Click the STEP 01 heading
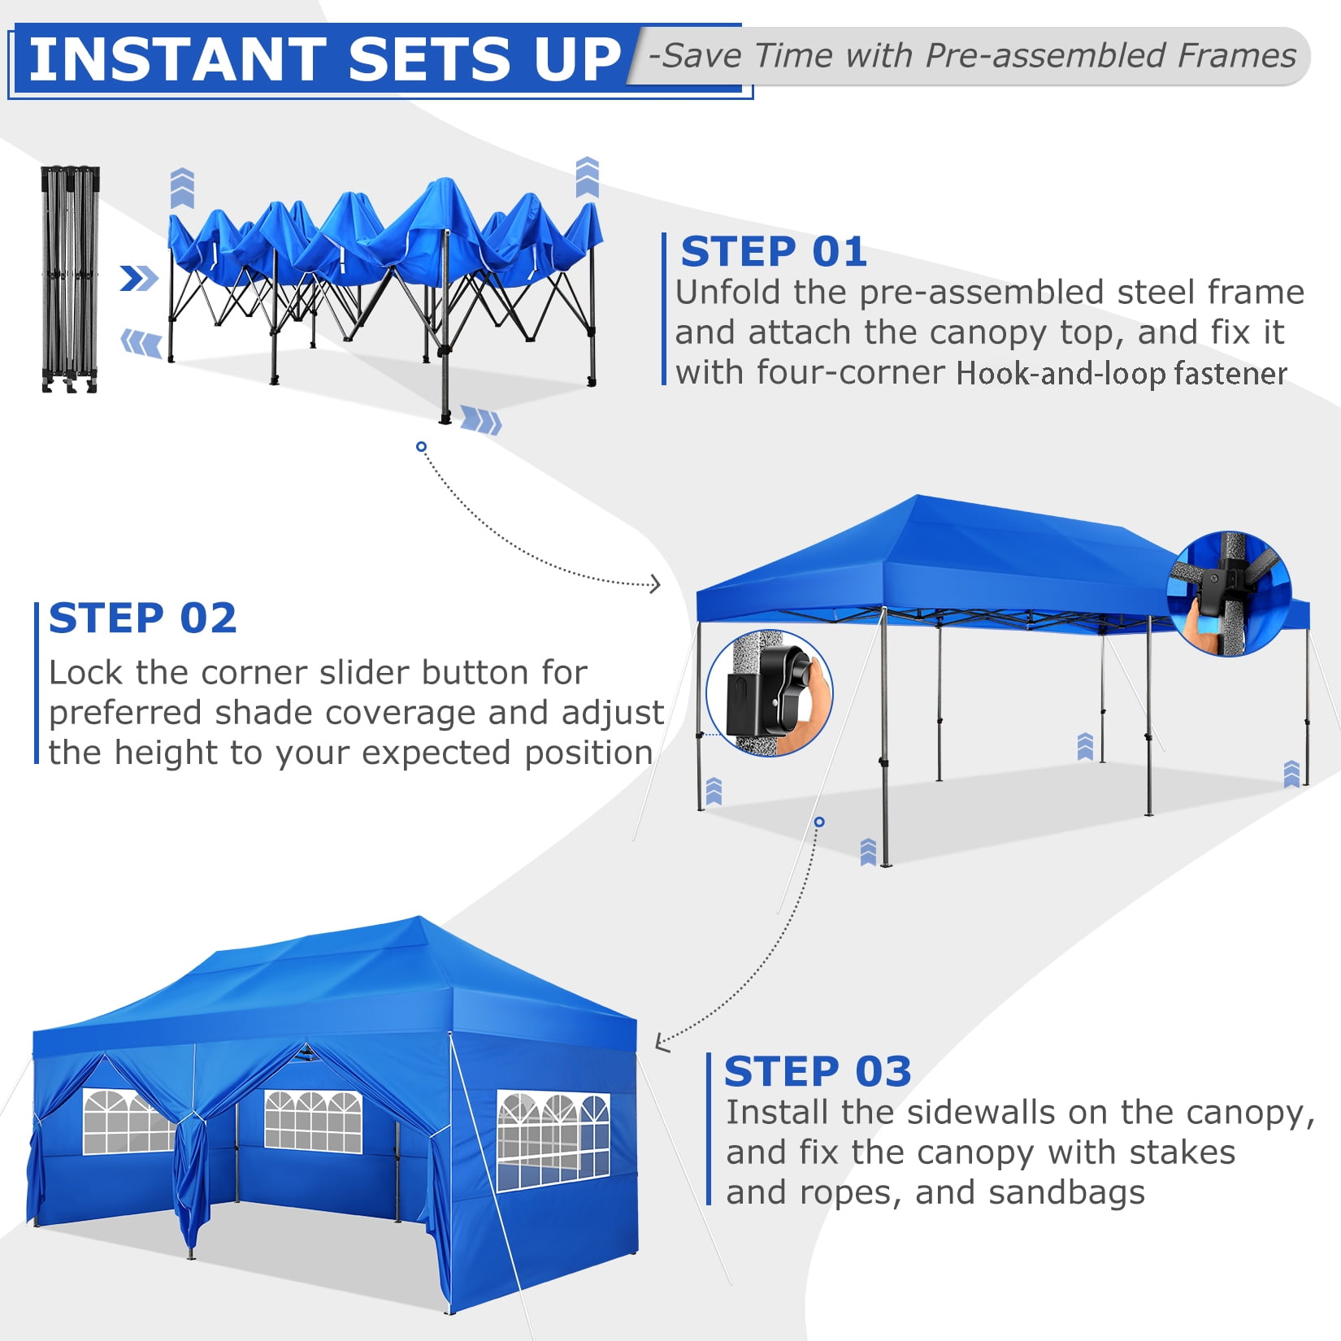point(774,252)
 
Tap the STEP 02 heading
point(143,618)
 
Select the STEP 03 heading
point(818,1071)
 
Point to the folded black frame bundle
point(71,280)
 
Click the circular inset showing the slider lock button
point(769,693)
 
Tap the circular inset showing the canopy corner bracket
point(1229,593)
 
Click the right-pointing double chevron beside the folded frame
point(139,279)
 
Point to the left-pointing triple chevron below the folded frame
point(141,343)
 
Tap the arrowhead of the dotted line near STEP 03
point(662,1043)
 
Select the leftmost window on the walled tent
point(128,1121)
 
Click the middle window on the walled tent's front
point(313,1121)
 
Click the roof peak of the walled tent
point(420,919)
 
